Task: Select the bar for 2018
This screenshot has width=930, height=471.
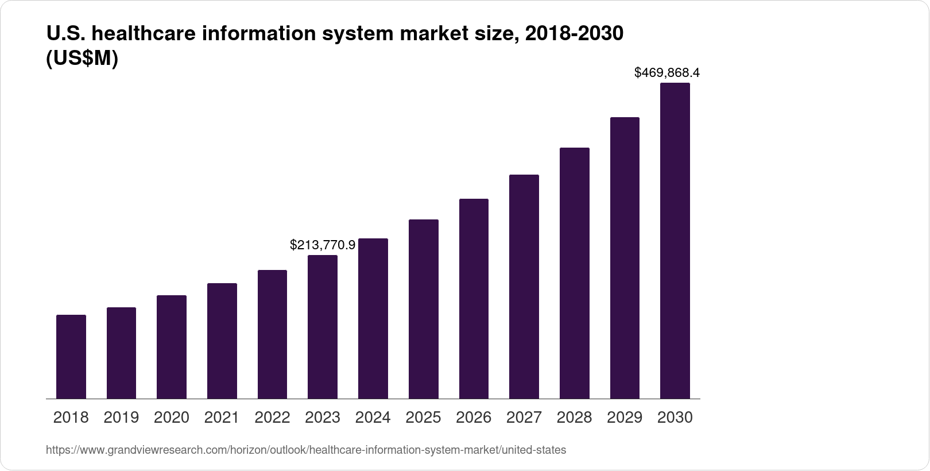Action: pos(71,357)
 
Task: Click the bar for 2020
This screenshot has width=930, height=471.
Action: pos(172,347)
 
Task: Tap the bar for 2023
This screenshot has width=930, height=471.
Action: pos(323,327)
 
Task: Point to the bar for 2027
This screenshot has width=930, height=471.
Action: pos(524,287)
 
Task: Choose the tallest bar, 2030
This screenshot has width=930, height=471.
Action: pos(675,241)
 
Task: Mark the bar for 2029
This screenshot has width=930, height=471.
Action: pos(625,258)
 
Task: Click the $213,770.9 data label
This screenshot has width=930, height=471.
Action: pos(323,245)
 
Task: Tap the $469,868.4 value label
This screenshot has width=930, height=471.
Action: pos(667,72)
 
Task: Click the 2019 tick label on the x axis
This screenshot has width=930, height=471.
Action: pos(121,418)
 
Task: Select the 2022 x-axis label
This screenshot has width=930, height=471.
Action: pos(272,418)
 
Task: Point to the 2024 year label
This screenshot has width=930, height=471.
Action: pos(373,418)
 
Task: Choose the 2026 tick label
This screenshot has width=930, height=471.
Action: pos(474,418)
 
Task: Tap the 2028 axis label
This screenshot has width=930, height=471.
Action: pos(574,418)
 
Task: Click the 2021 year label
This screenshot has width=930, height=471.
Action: pos(222,418)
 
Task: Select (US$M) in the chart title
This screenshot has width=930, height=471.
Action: pos(82,59)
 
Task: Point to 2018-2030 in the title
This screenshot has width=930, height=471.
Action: pos(574,34)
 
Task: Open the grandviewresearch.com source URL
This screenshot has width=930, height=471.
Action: pos(305,450)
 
